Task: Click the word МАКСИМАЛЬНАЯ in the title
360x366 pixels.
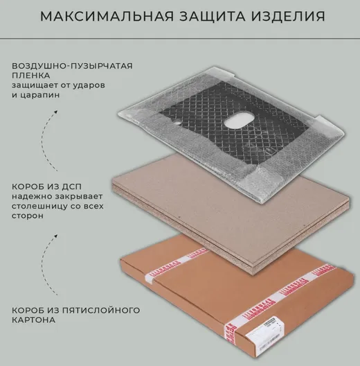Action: click(107, 16)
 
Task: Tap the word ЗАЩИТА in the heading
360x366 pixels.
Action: click(212, 16)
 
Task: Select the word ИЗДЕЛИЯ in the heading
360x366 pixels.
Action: click(288, 16)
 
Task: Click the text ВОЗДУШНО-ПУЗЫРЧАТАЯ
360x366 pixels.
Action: click(72, 66)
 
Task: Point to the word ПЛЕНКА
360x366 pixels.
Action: click(31, 76)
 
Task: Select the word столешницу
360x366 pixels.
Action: click(37, 207)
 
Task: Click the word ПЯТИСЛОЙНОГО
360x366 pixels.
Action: click(101, 311)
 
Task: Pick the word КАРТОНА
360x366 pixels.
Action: click(33, 320)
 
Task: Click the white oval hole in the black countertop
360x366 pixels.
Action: click(238, 121)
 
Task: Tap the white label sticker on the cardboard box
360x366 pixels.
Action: click(264, 332)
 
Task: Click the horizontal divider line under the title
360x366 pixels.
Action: click(180, 38)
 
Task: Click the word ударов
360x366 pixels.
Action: click(89, 86)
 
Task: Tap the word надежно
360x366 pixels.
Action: click(31, 197)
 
